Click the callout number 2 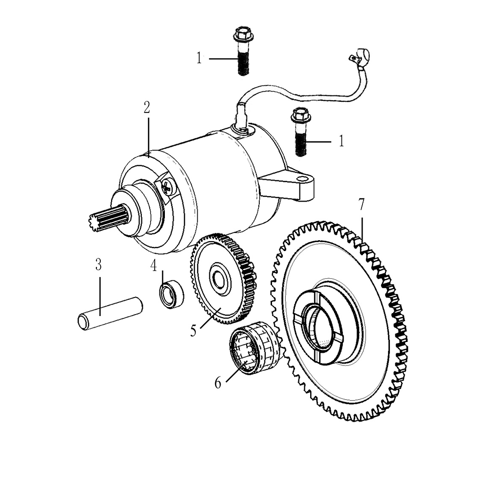(x=147, y=108)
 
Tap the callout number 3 (x=98, y=265)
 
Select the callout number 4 (x=154, y=266)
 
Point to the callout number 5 (x=193, y=331)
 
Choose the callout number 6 (x=218, y=383)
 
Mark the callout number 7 (x=362, y=205)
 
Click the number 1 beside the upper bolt (x=200, y=59)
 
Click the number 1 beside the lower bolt (x=342, y=141)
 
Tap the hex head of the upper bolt (x=242, y=34)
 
